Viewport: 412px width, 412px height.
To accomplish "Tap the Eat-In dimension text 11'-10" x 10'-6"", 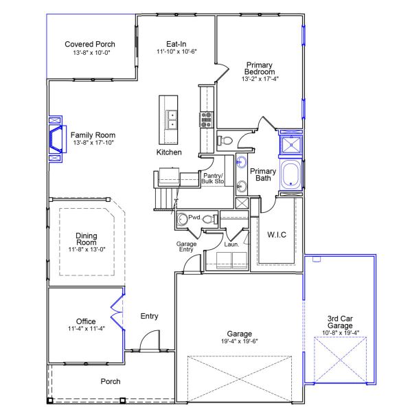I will [176, 51].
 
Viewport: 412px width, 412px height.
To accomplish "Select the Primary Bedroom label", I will [260, 69].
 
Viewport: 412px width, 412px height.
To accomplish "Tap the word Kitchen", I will [169, 152].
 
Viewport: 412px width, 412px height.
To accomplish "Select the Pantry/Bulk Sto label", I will [213, 179].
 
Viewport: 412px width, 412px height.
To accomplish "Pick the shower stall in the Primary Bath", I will [292, 145].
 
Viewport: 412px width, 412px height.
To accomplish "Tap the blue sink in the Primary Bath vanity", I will [242, 163].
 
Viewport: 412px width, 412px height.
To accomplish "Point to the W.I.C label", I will [276, 235].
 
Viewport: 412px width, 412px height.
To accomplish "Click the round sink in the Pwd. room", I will [181, 220].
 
